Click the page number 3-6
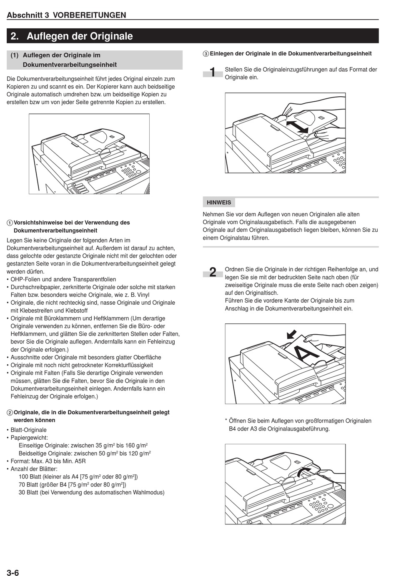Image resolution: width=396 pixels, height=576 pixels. tap(13, 573)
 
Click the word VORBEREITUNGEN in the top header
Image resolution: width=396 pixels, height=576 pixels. tap(89, 15)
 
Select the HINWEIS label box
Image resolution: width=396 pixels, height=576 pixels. tap(219, 203)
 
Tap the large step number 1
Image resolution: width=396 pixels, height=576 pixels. tap(213, 73)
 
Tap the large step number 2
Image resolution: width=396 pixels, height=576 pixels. tap(213, 272)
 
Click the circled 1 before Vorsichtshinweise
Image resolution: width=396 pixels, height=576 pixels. tap(10, 223)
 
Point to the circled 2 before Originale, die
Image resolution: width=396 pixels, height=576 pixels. tap(10, 413)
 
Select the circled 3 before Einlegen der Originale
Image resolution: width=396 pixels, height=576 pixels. tap(206, 54)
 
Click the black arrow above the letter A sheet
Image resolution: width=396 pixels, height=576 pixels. tap(291, 334)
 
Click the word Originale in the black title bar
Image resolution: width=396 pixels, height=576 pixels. tap(111, 36)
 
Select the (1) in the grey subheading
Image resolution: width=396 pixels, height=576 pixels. tap(15, 55)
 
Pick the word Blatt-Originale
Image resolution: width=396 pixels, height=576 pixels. tap(29, 430)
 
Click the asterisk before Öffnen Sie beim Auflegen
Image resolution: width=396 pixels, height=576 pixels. tap(226, 421)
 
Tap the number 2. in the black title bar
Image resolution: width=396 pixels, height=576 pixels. tap(15, 36)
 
